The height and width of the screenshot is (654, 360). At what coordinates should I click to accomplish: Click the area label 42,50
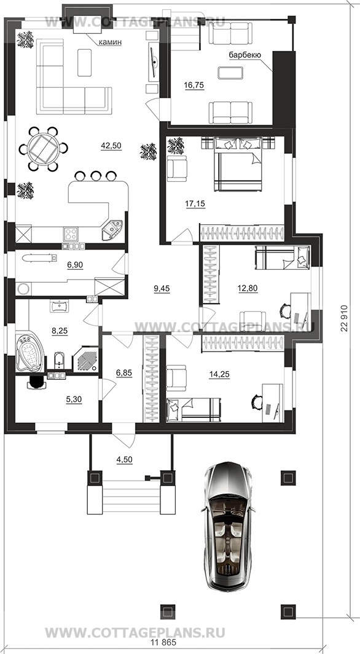click(x=111, y=146)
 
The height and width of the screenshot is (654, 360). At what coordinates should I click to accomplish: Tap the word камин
click(x=111, y=42)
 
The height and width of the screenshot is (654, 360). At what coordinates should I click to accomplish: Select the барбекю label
click(x=245, y=55)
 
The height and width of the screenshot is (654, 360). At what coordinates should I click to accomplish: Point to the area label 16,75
click(x=194, y=85)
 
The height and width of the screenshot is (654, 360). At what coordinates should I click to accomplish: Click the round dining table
click(x=42, y=149)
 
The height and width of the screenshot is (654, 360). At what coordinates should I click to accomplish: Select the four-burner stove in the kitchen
click(x=71, y=232)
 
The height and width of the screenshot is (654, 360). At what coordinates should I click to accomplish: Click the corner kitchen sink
click(x=112, y=230)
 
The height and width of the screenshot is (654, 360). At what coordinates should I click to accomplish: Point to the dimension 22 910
click(x=344, y=316)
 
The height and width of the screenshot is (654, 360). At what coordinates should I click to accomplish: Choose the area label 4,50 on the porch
click(x=123, y=459)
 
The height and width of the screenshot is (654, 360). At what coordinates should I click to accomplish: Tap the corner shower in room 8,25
click(x=86, y=358)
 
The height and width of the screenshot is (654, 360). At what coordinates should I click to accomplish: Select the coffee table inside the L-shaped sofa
click(x=85, y=63)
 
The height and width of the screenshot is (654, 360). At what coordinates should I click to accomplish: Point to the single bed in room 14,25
click(x=194, y=409)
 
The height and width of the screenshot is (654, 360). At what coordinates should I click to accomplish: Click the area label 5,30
click(x=74, y=399)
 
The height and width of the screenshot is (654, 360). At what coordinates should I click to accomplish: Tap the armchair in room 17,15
click(x=177, y=168)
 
